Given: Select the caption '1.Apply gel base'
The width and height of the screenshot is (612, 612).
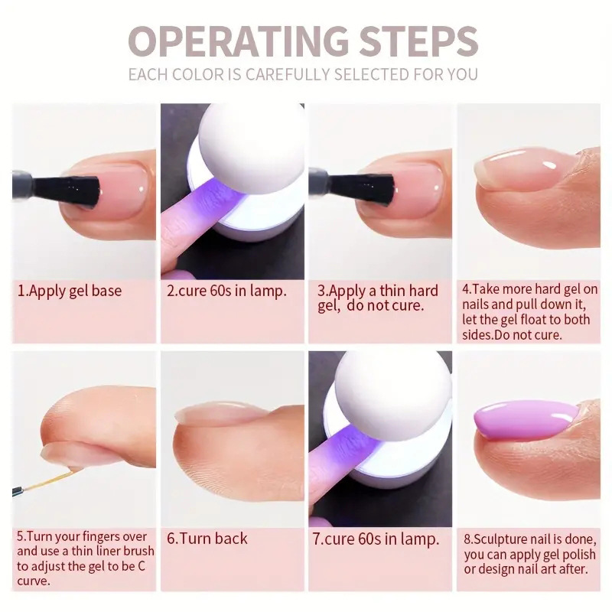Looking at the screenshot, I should click(x=70, y=291).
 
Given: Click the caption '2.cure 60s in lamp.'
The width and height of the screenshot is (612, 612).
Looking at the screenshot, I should click(x=227, y=291).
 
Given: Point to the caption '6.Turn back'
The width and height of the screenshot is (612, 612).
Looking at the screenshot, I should click(x=207, y=538).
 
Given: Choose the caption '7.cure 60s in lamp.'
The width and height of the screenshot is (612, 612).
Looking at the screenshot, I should click(x=376, y=539).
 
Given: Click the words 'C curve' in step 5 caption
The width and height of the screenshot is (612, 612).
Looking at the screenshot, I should click(x=92, y=573).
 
